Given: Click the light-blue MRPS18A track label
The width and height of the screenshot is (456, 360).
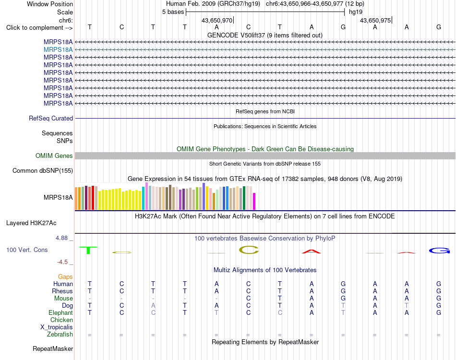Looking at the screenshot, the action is click(x=58, y=50).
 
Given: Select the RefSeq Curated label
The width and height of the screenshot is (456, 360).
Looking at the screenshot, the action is click(x=51, y=119).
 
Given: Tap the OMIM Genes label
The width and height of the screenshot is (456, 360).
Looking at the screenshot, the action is click(x=54, y=156).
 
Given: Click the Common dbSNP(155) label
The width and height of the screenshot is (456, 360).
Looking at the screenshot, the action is click(x=43, y=171).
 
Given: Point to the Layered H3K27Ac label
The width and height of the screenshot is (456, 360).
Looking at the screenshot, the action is click(x=31, y=223).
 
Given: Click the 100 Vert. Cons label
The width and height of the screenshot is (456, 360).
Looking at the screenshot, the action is click(x=27, y=250).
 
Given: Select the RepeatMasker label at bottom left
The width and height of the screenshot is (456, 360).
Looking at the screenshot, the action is click(x=53, y=348).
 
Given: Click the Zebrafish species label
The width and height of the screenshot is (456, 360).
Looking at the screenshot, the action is click(x=60, y=335).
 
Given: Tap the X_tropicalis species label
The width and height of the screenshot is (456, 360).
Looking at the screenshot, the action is click(x=57, y=327).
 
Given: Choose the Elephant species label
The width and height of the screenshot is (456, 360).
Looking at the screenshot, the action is click(x=60, y=312).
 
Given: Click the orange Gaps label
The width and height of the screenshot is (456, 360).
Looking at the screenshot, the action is click(x=65, y=277).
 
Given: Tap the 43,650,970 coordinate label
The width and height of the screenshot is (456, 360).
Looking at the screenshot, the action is click(x=217, y=20).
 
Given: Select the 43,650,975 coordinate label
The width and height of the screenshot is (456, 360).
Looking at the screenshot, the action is click(x=375, y=20).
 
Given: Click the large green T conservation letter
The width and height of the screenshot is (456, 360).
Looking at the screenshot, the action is click(x=88, y=250).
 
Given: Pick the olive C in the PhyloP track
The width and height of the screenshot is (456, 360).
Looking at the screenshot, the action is click(x=249, y=250).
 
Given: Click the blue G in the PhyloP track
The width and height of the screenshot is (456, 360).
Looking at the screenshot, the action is click(x=439, y=251).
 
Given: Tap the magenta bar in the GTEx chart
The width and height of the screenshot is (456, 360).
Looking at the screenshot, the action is click(x=254, y=201).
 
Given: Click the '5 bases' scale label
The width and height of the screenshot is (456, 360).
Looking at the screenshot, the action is click(x=173, y=12).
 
